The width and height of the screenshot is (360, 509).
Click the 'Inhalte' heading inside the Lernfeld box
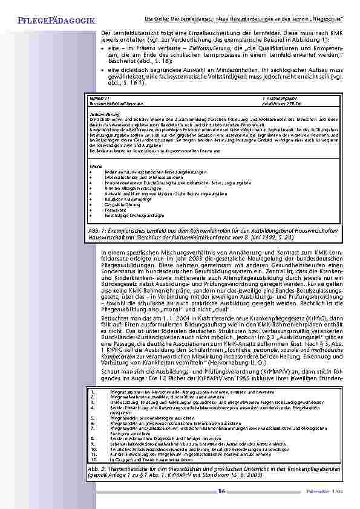tap(94, 167)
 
